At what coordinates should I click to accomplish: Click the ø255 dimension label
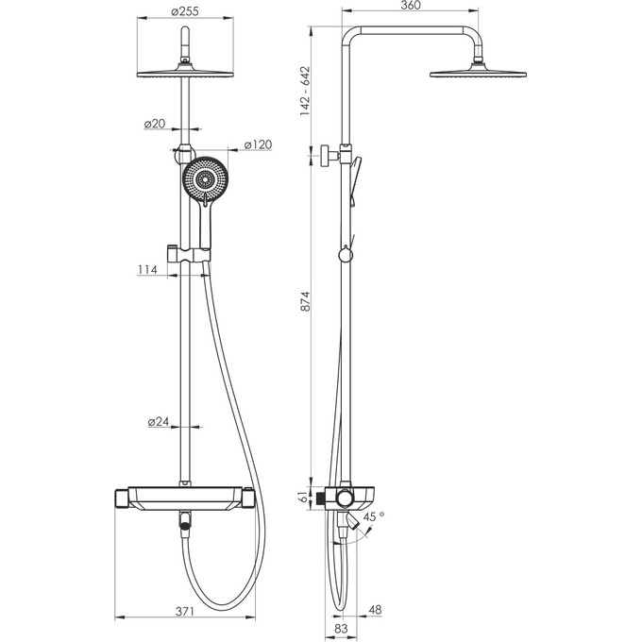185,11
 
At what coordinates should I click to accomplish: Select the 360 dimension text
411,6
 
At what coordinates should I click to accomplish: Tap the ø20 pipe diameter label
155,124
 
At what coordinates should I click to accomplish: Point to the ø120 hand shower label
258,144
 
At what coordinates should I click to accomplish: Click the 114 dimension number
147,269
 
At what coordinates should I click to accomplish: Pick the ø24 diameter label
159,421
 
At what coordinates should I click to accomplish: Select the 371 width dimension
185,611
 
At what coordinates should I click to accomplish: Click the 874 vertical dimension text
306,301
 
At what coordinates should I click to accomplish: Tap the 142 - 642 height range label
306,91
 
